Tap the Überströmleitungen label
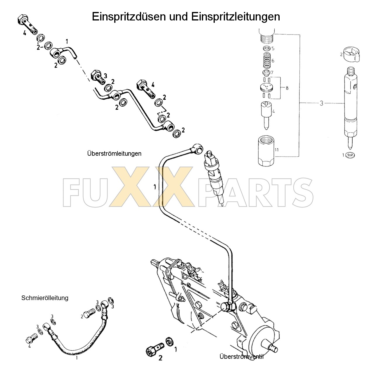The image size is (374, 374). pos(114,153)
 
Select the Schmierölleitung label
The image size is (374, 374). pos(45,298)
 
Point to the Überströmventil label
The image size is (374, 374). pos(241,356)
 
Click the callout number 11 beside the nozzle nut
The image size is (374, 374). pos(277,150)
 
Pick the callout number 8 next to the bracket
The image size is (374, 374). pos(287,88)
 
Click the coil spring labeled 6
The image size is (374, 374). pos(266,60)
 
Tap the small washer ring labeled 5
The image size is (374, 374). pos(266,48)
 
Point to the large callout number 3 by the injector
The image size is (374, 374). pos(321,103)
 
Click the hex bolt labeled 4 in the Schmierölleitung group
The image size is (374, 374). pos(32,339)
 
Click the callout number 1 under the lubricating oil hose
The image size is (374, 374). pos(77,357)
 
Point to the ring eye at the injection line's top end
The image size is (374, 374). pos(198,148)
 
